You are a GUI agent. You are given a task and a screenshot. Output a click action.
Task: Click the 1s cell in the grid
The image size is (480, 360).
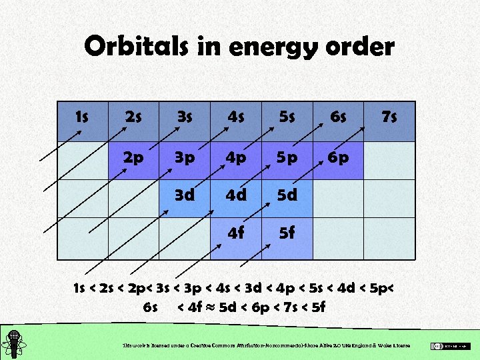click(x=83, y=117)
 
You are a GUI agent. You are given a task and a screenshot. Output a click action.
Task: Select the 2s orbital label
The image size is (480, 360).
click(x=133, y=117)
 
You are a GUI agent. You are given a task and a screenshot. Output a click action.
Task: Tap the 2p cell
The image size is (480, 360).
click(x=133, y=158)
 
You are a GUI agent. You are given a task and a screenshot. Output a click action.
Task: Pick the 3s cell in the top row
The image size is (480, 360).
click(x=184, y=117)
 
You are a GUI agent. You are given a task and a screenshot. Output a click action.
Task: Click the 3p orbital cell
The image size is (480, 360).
click(x=184, y=158)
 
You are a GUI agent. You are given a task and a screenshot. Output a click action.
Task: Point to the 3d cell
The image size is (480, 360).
click(x=184, y=197)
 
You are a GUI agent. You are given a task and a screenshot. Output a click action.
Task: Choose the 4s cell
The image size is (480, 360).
click(x=235, y=117)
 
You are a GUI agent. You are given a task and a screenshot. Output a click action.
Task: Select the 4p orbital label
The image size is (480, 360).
click(x=235, y=158)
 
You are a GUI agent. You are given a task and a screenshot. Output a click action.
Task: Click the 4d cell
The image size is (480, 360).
click(x=235, y=197)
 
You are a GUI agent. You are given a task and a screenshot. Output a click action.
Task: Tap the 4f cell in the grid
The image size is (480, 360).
click(x=235, y=235)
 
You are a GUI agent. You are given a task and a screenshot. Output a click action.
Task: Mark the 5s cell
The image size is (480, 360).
click(x=287, y=117)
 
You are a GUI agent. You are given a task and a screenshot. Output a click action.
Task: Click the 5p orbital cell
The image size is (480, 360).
click(x=287, y=158)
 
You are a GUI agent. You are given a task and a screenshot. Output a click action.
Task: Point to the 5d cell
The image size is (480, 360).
click(x=287, y=197)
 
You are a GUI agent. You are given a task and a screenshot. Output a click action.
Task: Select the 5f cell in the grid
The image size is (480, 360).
click(x=287, y=235)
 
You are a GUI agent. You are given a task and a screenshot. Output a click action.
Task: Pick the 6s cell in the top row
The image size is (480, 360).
click(x=338, y=117)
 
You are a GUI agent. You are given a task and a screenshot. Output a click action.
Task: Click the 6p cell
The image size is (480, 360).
click(x=338, y=158)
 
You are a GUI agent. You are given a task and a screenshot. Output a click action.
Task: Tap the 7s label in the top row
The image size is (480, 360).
click(x=389, y=117)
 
